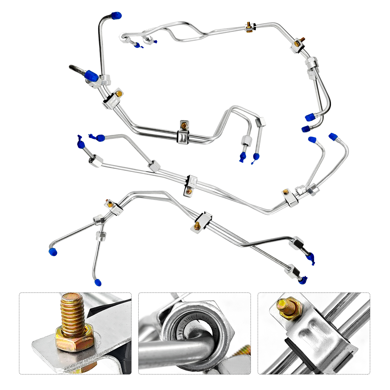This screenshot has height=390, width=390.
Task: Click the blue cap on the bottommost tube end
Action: [98, 282]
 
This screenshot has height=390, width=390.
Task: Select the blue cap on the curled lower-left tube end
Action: [53, 252]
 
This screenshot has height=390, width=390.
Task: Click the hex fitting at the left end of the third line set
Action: [96, 161]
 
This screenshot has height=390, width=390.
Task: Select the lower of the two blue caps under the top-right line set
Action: [306, 128]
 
